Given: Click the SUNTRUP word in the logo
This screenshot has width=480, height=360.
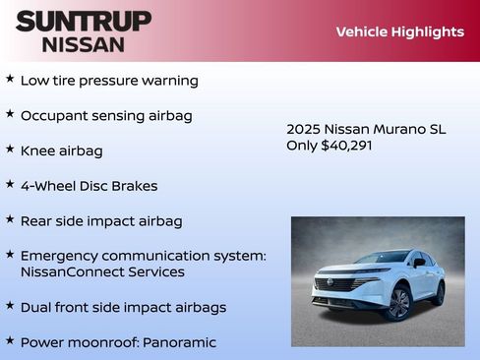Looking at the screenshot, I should coord(84,21).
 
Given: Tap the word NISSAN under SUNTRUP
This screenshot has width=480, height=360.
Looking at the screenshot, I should coord(84,44).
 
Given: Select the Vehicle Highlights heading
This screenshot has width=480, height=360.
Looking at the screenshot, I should coord(399,31).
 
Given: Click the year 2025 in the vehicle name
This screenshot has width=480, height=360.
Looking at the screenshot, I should coord(303,129).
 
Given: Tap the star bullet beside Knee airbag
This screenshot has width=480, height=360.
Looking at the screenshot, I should coord(10,150).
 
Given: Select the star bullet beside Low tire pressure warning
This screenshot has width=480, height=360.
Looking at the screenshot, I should coord(10,79).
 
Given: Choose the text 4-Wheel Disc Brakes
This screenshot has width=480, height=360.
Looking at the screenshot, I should coord(89,186).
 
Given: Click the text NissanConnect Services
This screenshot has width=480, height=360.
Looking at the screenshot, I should coord(102,271).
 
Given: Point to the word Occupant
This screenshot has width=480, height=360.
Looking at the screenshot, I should coord(53,115).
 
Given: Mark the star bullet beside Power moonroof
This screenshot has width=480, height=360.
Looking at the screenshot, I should coord(10,340).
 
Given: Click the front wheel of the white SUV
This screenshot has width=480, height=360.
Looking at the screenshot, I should coord(397,304).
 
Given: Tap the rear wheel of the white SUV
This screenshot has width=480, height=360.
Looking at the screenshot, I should coord(438,293).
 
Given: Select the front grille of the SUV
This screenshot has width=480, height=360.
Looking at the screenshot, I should coord(334,284).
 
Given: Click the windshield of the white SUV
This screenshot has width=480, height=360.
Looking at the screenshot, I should coord(383,259).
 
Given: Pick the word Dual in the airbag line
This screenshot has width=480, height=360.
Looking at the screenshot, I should coord(36,307).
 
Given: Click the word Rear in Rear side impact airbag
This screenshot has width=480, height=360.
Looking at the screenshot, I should coord(37,221).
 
